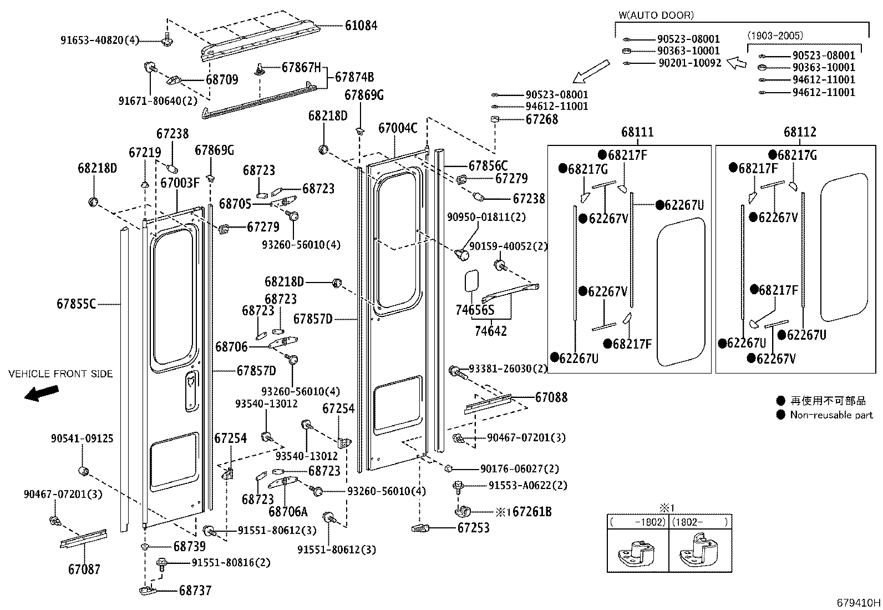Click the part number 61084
coord(361,26)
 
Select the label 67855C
coord(77,304)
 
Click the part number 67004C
coord(397,128)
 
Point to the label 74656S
coord(474,310)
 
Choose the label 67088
coord(551,397)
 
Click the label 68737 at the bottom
coord(195,591)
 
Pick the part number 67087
coord(84,569)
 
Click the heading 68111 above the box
coord(637,132)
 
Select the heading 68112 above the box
coord(800,132)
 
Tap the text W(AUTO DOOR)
coord(656,16)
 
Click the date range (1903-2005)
coord(774,36)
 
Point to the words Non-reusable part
coord(831,415)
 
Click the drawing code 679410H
coord(859,602)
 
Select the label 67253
coord(473,528)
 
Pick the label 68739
coord(189,547)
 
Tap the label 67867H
coord(301,68)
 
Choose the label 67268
coord(542,119)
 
